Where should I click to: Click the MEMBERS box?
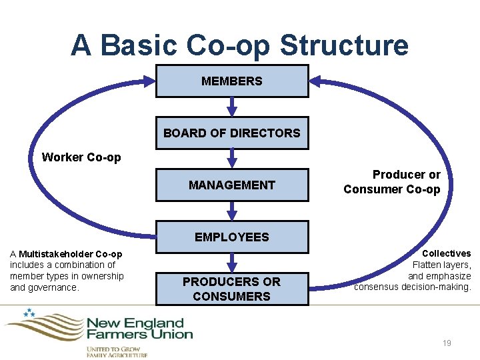tap(232, 81)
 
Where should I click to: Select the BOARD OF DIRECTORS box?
tap(232, 133)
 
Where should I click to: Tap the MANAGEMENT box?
tap(232, 185)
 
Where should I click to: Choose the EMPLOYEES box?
tap(232, 237)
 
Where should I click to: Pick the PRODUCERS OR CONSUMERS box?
tap(232, 289)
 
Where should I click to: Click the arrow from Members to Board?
tap(232, 107)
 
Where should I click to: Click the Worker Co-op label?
tap(81, 157)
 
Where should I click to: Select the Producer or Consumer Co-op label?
tap(392, 182)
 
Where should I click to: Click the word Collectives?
tap(447, 253)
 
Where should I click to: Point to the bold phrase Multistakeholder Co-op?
tap(71, 254)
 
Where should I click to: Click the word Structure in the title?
tap(344, 45)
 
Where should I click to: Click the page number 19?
tap(447, 343)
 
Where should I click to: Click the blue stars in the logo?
tap(29, 312)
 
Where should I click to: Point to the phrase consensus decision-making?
tap(413, 287)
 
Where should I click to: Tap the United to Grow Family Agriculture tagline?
tap(117, 351)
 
